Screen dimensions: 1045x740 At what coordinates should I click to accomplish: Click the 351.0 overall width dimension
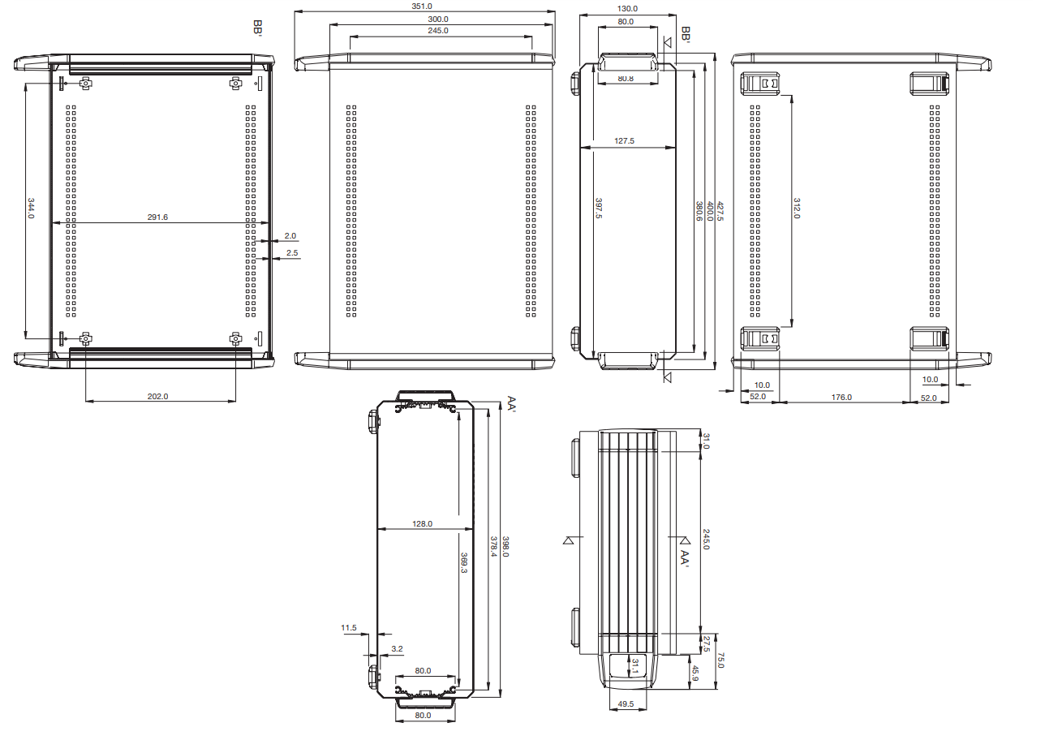[x=422, y=6]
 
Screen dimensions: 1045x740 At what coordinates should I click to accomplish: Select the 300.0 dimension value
[x=437, y=19]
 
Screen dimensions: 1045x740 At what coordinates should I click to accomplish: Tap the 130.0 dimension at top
[x=627, y=8]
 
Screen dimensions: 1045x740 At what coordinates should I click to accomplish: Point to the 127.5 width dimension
[x=624, y=140]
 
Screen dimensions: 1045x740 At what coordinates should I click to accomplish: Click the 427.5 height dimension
[x=720, y=211]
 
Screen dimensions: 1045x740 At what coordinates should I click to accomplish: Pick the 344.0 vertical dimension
[x=31, y=208]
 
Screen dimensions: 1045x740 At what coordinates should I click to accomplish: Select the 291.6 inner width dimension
[x=157, y=217]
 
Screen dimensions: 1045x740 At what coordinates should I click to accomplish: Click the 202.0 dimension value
[x=157, y=396]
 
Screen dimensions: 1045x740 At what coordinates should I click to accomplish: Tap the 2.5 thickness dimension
[x=292, y=253]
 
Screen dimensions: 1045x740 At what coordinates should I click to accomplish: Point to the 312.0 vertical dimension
[x=797, y=208]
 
